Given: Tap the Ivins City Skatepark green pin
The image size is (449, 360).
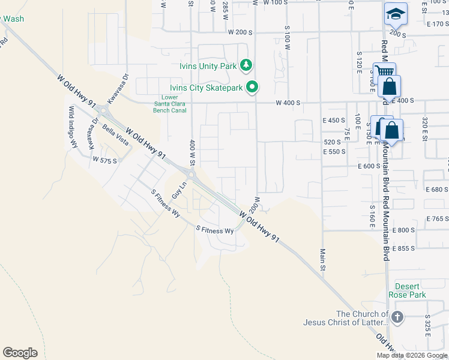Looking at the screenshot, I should (253, 88).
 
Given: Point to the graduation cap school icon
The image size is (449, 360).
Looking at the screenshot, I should (396, 14).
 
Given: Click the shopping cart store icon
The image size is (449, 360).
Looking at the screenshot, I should (384, 73).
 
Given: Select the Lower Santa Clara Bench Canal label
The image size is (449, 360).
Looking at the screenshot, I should (169, 104).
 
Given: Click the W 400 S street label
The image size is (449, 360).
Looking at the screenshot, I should (288, 103).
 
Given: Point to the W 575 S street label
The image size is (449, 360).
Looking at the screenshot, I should (104, 161).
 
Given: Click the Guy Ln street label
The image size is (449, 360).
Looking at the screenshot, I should (176, 191).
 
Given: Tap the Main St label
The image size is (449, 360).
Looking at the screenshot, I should (322, 259).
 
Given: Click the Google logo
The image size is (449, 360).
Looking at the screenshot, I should (20, 353).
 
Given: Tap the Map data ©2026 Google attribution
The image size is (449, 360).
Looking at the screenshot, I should (412, 355).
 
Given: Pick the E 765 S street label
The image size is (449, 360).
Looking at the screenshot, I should (436, 219).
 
